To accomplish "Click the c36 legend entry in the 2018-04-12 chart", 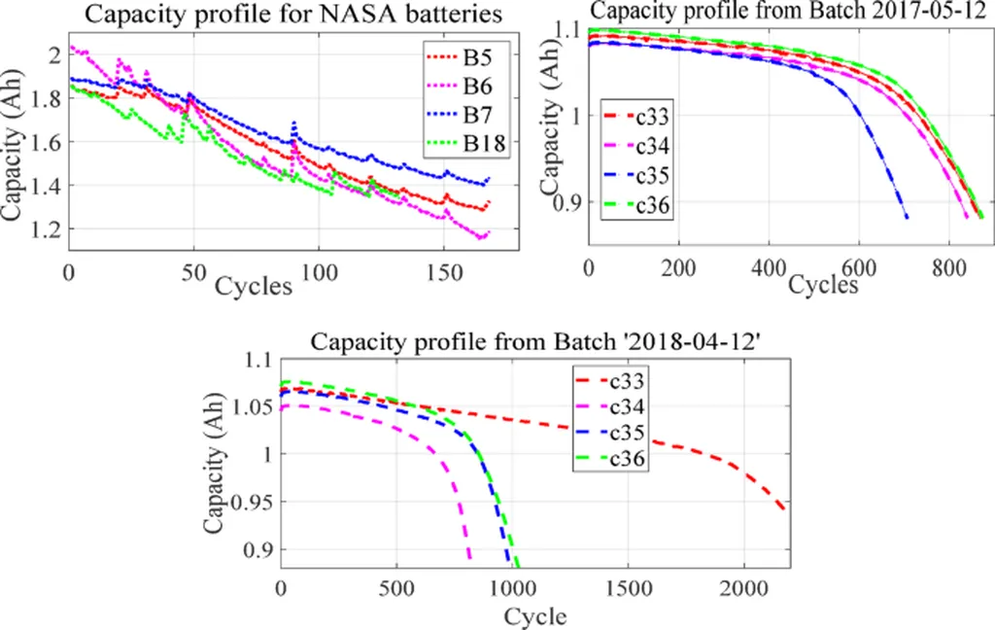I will pyautogui.click(x=627, y=459).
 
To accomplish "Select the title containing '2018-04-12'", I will pyautogui.click(x=534, y=341).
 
